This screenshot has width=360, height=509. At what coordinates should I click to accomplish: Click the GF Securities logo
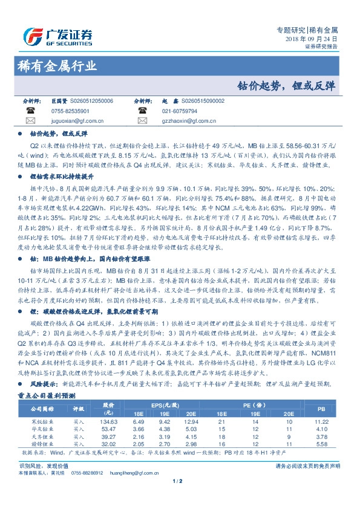(57, 34)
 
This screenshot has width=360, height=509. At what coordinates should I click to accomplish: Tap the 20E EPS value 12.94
(191, 421)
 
